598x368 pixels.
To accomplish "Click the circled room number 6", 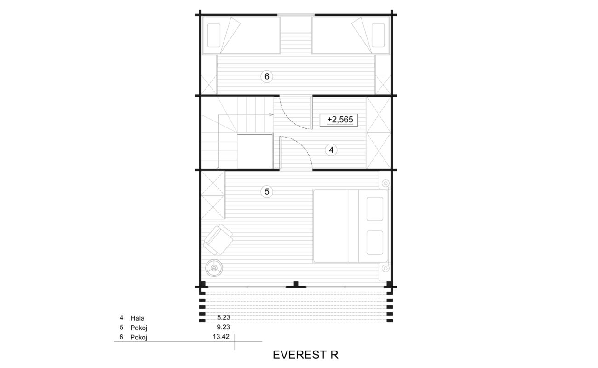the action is tap(267, 77).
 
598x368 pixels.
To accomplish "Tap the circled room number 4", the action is tap(331, 150).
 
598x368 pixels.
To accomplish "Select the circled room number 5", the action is tap(267, 191).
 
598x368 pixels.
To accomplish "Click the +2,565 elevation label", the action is tap(339, 120).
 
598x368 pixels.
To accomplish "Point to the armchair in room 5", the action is tap(218, 239).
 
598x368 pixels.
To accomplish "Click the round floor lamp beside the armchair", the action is tap(214, 268).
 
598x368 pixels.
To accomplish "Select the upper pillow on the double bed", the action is tap(375, 209).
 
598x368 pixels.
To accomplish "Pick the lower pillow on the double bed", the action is tap(375, 242).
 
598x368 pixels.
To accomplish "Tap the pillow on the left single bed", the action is tap(214, 35).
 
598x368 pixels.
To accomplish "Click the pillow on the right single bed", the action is tap(378, 35).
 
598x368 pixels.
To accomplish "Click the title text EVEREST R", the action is tap(305, 355).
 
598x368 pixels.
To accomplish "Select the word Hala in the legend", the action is tap(137, 318).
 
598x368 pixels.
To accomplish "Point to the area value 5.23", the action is tap(224, 317).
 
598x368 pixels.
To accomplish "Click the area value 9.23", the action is tap(224, 327).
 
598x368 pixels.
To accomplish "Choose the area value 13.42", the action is tap(221, 337).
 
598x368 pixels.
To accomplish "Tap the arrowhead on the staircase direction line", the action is tap(272, 115).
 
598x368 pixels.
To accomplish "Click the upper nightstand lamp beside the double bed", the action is tap(385, 183).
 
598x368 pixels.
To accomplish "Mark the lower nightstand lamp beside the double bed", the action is tap(385, 268).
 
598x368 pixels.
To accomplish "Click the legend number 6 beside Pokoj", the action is tap(121, 337).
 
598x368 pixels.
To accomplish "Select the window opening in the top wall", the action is tap(296, 15).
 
